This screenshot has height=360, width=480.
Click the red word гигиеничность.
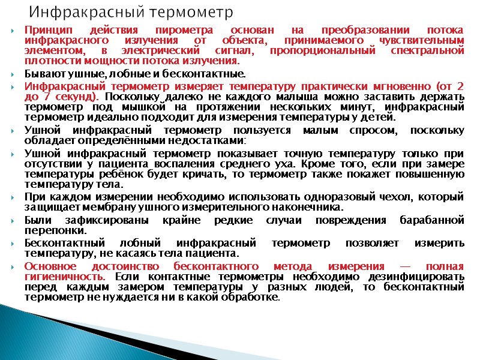[x=65, y=277]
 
